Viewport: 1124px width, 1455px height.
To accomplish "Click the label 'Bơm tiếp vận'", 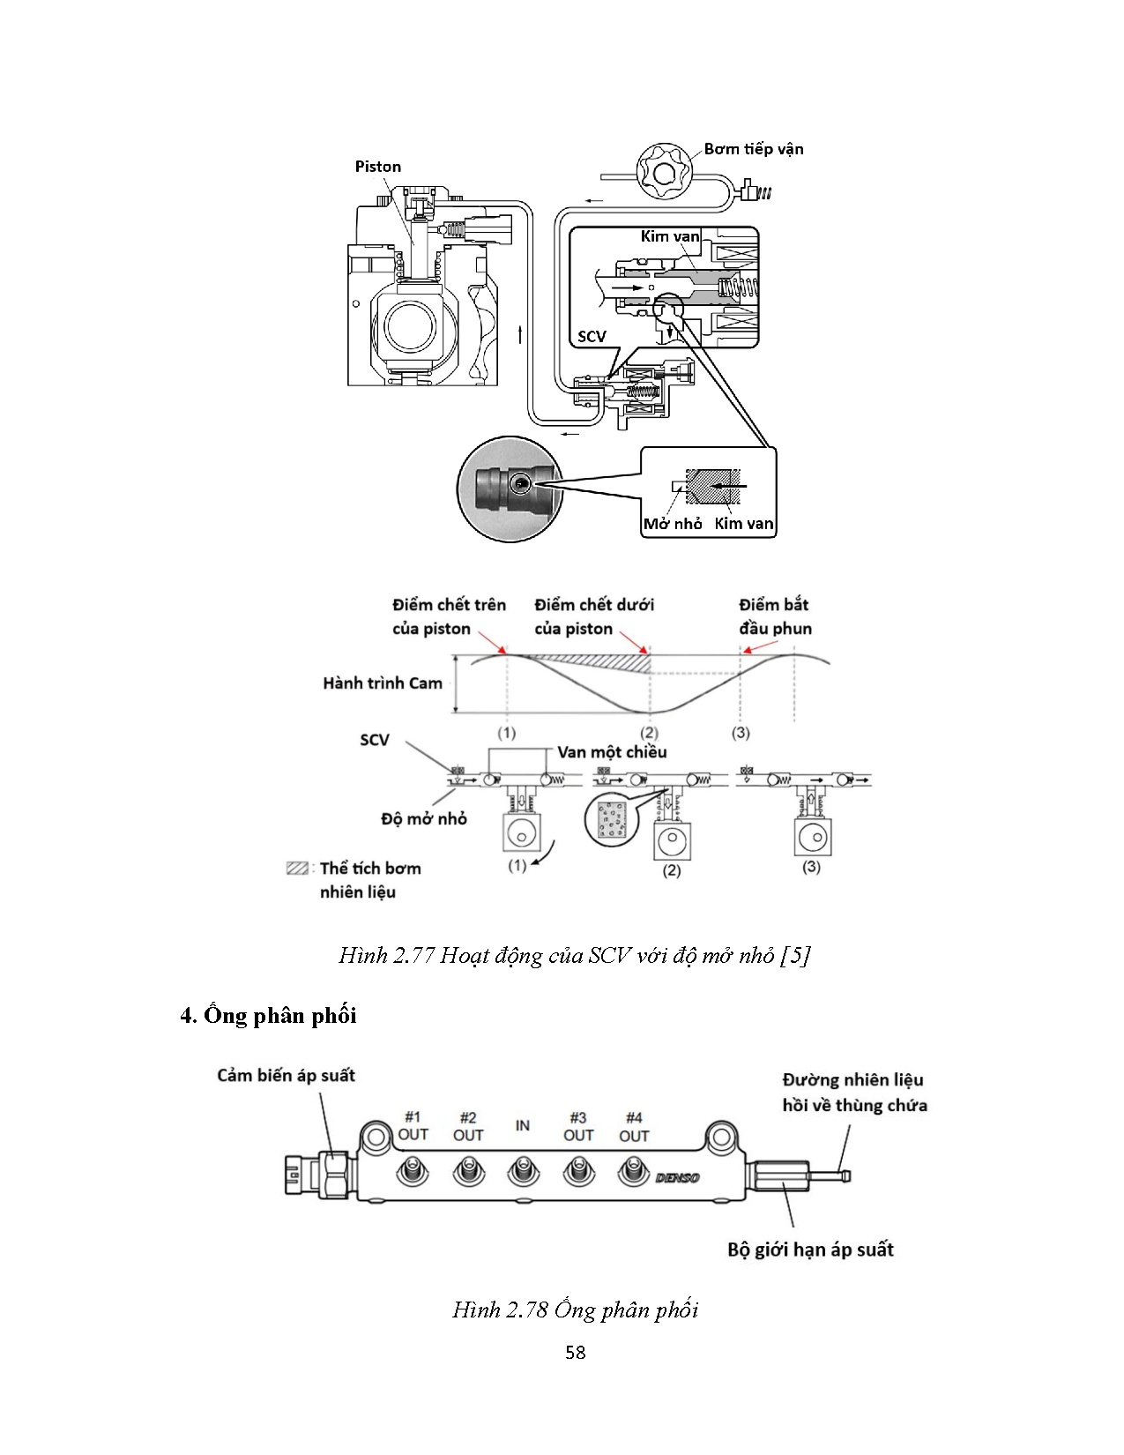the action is point(753,149).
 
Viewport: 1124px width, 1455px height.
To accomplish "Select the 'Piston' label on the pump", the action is point(377,167).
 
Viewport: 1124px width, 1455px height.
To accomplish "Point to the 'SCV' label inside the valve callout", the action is point(592,336).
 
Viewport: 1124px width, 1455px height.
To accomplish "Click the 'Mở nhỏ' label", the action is point(672,524).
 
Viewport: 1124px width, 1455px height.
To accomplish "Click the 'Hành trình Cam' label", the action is point(383,683).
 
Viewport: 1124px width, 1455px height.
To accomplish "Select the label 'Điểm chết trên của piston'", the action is point(450,616).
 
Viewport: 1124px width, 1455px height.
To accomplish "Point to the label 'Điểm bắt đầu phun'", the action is point(775,616).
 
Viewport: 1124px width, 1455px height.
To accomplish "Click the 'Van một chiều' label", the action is point(612,752).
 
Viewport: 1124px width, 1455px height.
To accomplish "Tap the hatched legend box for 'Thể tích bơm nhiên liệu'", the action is point(297,869).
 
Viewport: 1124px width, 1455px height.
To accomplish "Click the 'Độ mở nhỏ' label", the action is point(424,818).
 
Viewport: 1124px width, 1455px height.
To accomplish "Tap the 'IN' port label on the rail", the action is point(522,1125).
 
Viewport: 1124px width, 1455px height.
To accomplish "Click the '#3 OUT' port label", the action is point(578,1126).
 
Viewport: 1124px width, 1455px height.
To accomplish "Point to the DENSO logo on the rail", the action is point(677,1177).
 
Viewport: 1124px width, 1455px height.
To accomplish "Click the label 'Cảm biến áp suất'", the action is point(286,1076).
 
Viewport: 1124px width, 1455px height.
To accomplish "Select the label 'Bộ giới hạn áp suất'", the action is point(811,1250).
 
